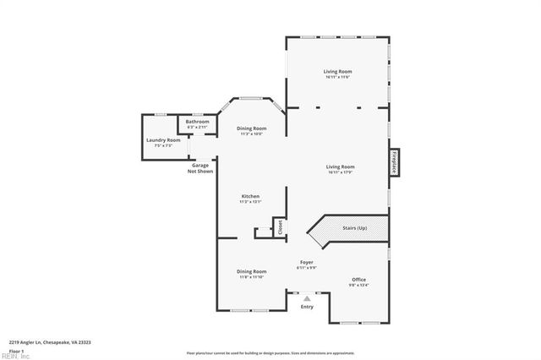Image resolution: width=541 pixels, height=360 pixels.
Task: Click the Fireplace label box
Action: [x=394, y=162]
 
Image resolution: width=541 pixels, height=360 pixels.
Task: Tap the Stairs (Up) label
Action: [x=354, y=228]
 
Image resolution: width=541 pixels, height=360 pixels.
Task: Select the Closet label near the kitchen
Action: [x=278, y=226]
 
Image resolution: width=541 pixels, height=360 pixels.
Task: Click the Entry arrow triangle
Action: [x=307, y=297]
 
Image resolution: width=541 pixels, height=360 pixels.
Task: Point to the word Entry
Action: [x=307, y=306]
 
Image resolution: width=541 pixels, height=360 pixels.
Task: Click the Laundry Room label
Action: [x=163, y=139]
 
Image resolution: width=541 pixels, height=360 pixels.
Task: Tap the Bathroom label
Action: [x=198, y=122]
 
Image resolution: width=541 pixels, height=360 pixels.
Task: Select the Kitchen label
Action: [x=250, y=196]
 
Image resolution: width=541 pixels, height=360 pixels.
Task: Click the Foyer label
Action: [x=307, y=263]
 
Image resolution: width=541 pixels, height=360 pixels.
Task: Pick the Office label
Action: [x=359, y=279]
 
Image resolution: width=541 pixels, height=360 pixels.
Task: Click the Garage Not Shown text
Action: [x=200, y=168]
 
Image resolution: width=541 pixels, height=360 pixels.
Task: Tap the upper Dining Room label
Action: [x=251, y=128]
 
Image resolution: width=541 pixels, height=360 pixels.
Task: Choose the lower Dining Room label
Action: [x=251, y=271]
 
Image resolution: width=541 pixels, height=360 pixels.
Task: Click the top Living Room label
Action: [x=336, y=72]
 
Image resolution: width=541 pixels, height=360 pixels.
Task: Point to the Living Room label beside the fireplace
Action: [x=341, y=166]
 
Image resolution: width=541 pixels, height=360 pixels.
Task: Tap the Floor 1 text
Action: [x=16, y=350]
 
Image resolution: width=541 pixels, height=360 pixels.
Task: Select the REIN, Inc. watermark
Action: [x=14, y=356]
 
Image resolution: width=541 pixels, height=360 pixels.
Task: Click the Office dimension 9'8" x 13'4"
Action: [x=359, y=285]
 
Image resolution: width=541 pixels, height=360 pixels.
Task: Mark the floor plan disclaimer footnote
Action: [x=270, y=352]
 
